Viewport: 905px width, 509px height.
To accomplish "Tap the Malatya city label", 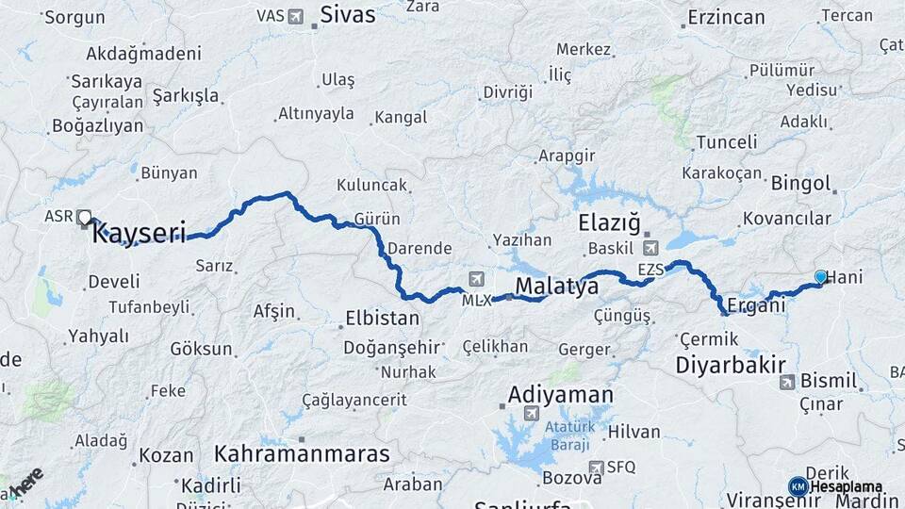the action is (x=557, y=286).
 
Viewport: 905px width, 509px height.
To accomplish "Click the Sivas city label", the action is (x=347, y=15).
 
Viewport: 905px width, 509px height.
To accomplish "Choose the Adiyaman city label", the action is (x=560, y=395).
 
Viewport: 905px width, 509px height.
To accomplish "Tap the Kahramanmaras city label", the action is (x=302, y=453).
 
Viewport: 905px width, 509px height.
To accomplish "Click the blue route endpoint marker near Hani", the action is (x=820, y=276).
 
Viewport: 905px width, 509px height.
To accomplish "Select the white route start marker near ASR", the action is (x=85, y=218).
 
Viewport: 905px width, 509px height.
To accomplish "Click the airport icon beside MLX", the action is (x=476, y=279).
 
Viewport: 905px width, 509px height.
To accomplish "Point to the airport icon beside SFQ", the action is (x=596, y=468).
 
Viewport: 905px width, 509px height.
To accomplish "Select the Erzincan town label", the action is (x=726, y=17).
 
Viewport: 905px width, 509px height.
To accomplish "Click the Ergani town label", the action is (x=756, y=306).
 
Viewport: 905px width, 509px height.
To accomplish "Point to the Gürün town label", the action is (x=377, y=219).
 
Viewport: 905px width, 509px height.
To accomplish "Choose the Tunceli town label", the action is (x=726, y=142).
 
